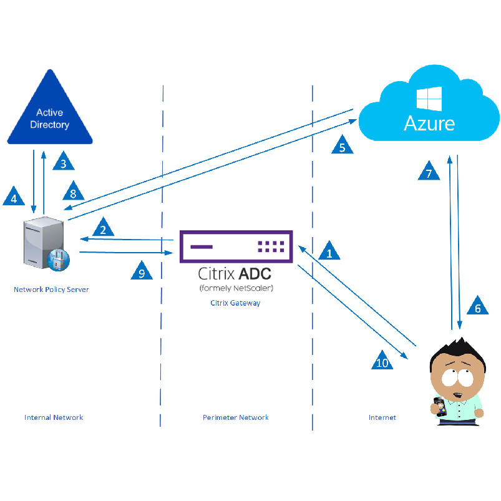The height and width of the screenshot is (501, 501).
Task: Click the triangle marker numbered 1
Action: click(329, 251)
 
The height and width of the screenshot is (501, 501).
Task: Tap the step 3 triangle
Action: click(63, 163)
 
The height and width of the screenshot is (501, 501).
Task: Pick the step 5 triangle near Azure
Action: click(342, 146)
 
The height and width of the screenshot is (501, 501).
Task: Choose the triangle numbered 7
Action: click(429, 172)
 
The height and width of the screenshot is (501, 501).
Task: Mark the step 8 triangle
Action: click(73, 192)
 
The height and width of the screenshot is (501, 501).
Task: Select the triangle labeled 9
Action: click(142, 272)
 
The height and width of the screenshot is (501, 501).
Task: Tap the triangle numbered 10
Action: click(382, 362)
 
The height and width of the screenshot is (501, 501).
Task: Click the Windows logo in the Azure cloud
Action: click(429, 98)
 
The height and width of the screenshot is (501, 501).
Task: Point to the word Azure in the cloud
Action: click(429, 122)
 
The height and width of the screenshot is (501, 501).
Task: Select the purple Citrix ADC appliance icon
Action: click(236, 246)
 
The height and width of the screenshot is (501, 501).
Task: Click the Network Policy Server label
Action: click(51, 289)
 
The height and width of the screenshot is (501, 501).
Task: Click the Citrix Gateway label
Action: click(235, 303)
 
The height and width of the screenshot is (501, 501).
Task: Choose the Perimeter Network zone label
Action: click(235, 417)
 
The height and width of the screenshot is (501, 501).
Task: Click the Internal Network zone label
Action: click(54, 417)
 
